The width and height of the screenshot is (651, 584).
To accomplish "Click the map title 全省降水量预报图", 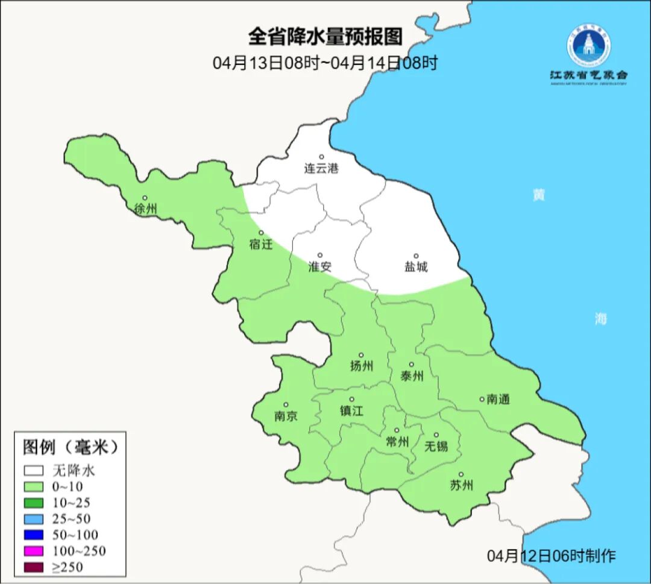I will [x=325, y=37].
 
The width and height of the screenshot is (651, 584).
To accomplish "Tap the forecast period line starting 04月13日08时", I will [x=325, y=63].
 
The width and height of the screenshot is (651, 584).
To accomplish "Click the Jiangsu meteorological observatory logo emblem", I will [x=588, y=45].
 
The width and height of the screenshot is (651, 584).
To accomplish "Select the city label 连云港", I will [x=321, y=169].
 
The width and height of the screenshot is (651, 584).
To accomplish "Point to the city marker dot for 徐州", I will [x=145, y=198].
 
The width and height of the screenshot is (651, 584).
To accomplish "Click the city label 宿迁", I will [x=261, y=245].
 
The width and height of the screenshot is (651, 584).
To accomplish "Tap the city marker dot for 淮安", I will [x=320, y=255].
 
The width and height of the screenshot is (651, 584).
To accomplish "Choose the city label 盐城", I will [x=416, y=267].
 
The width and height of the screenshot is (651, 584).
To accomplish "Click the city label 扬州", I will [x=362, y=366].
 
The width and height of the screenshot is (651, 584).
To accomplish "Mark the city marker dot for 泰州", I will [x=412, y=364].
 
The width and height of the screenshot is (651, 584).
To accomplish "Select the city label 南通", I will [x=498, y=399].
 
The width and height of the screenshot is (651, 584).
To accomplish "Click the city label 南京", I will [x=286, y=416].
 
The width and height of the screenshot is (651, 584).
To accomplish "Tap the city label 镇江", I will [x=352, y=411].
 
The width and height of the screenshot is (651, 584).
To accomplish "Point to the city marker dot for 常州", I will [x=396, y=430].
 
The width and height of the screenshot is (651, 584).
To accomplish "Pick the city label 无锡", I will [x=436, y=446].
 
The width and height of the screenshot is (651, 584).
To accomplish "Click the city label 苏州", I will [x=462, y=485].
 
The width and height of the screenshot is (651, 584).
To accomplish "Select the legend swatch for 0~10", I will [x=34, y=486].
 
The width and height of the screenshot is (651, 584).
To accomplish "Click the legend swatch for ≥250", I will [x=34, y=567].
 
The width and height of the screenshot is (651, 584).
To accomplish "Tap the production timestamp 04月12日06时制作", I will [x=552, y=556].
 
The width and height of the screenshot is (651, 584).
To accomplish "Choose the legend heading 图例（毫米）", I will [x=69, y=447].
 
